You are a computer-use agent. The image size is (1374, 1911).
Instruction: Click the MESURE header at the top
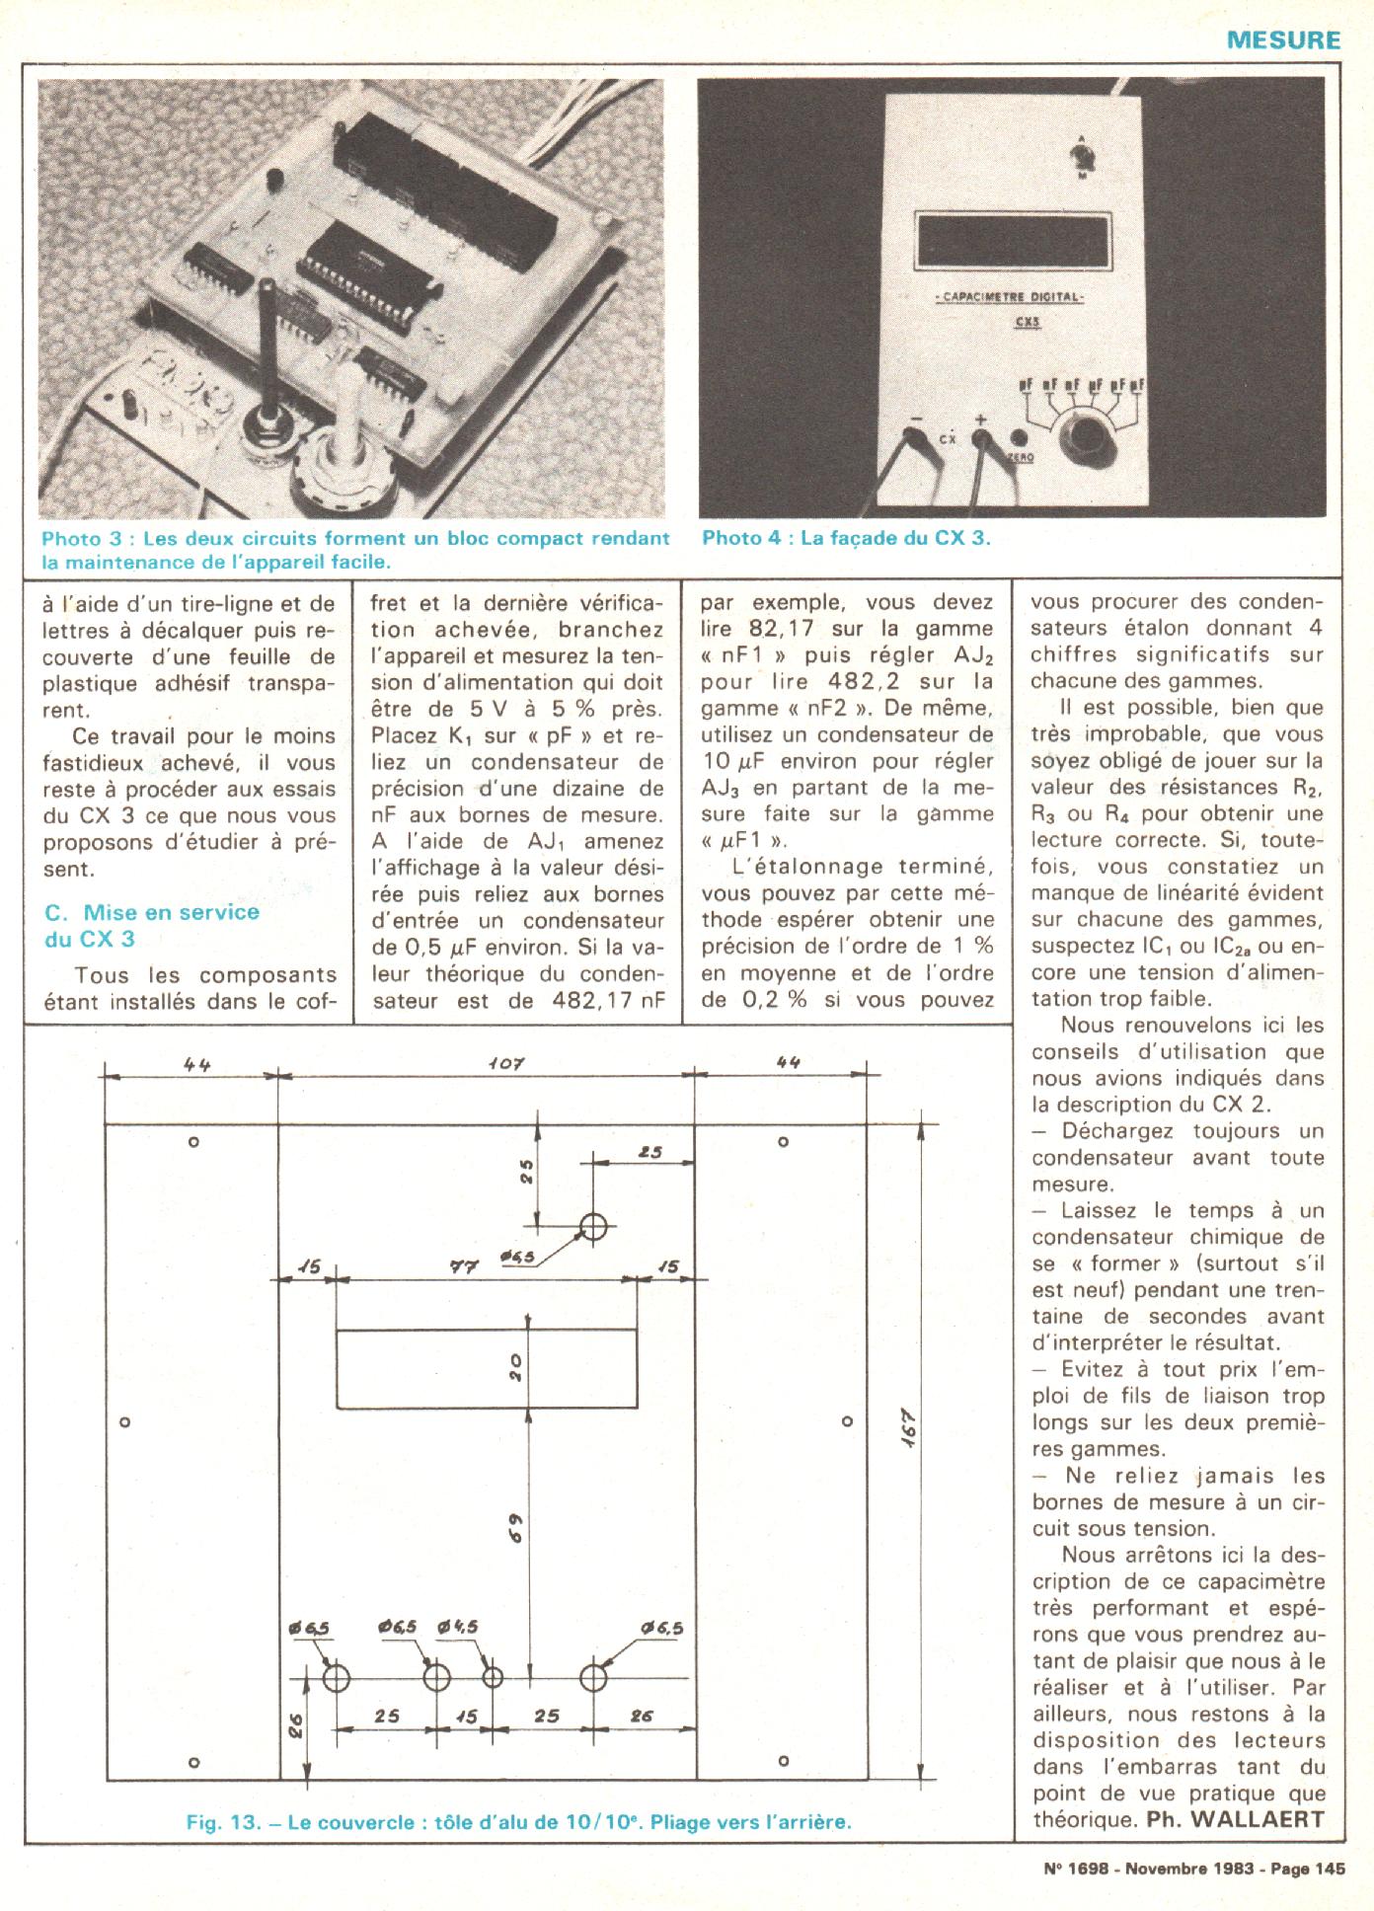1283,40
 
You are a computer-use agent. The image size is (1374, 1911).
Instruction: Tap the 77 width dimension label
464,1267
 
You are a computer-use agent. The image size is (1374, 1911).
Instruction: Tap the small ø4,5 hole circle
492,1677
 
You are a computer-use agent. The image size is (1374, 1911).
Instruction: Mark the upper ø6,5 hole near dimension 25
592,1227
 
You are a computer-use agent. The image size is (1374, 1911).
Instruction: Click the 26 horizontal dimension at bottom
642,1717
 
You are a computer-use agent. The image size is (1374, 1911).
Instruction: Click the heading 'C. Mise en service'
152,912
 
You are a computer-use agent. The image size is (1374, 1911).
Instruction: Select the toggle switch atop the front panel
1084,154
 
